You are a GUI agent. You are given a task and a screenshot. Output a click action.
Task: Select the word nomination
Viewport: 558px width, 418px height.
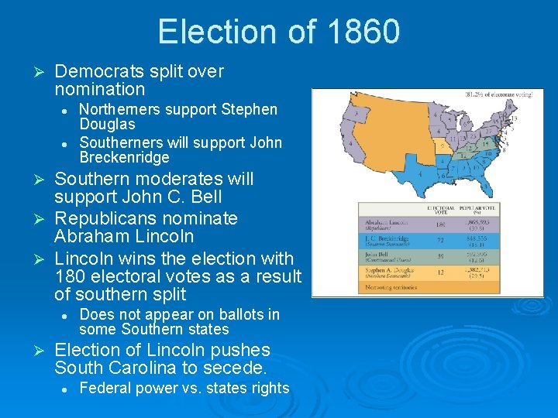click(100, 90)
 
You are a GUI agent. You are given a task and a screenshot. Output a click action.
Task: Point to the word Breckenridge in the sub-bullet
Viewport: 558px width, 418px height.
click(124, 158)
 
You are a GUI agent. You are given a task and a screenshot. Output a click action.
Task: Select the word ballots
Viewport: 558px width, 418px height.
click(234, 314)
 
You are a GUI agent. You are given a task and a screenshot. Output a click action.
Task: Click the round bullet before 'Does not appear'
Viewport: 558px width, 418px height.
click(67, 315)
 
